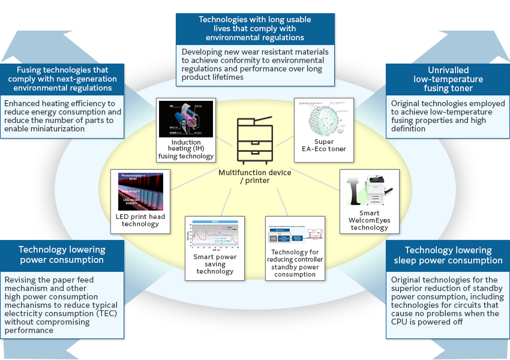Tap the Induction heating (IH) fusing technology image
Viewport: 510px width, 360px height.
click(x=185, y=119)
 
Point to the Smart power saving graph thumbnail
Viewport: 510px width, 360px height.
click(x=215, y=236)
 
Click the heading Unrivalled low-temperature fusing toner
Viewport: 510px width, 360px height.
click(x=448, y=79)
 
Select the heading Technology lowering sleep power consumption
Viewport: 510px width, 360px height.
click(x=448, y=255)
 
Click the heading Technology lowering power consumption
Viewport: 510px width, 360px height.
click(x=62, y=254)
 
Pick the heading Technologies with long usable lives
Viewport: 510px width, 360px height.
click(x=255, y=28)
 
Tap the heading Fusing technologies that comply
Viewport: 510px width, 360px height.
click(x=62, y=79)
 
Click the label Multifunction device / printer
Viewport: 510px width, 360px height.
click(x=255, y=176)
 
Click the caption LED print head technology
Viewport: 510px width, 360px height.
click(x=140, y=220)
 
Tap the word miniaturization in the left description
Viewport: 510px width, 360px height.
click(x=40, y=129)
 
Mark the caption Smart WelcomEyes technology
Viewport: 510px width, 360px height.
click(x=370, y=220)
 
